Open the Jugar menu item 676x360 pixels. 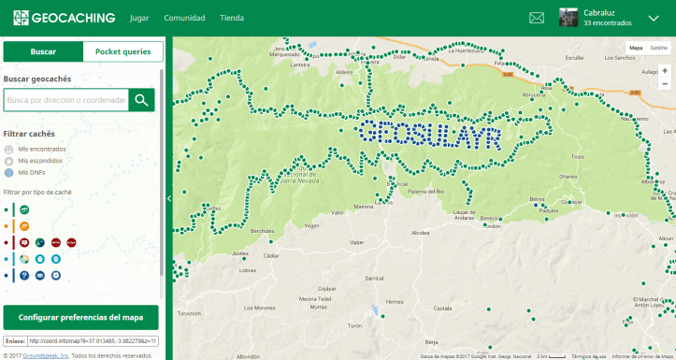(139, 18)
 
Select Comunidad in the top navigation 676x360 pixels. (184, 18)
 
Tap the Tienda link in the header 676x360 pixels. (232, 18)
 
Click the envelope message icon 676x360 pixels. (537, 18)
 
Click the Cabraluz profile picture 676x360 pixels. (568, 18)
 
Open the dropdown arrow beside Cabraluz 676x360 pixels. (654, 18)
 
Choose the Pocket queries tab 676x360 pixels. (122, 52)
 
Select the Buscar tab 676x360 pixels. (43, 52)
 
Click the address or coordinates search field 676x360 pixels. (65, 100)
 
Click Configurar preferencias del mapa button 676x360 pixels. (81, 317)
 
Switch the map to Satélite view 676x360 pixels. (658, 47)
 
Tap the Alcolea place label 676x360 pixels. (420, 233)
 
